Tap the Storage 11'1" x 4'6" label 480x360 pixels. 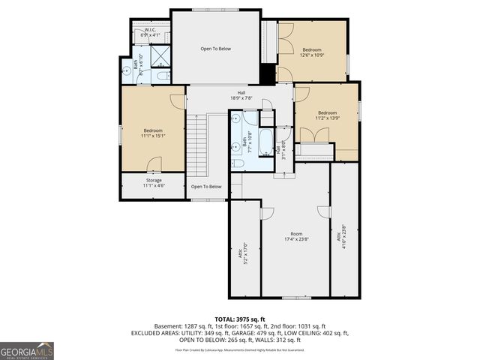pos(153,182)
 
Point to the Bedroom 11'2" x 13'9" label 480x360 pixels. pos(327,115)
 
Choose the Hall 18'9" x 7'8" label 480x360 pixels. pos(241,95)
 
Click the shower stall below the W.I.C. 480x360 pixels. pos(160,57)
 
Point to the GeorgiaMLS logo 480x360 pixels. pos(27,350)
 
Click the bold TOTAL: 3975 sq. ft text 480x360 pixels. pos(240,319)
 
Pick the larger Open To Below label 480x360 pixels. pos(215,49)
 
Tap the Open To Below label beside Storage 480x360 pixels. pos(206,187)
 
